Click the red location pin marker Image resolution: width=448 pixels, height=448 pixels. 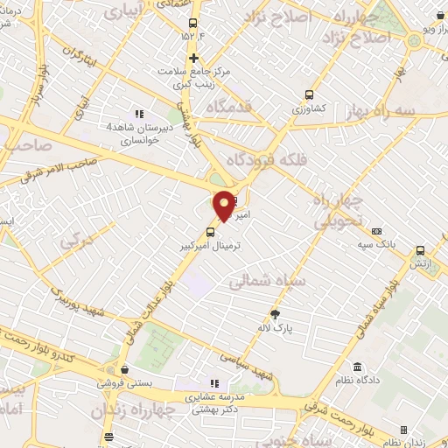(224, 206)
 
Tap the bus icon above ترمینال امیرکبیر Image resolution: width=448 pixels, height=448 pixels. (210, 232)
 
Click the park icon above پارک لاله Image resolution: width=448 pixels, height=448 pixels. (275, 315)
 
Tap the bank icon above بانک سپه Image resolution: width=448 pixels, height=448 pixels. (377, 231)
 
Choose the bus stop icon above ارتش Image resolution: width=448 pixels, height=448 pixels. (420, 249)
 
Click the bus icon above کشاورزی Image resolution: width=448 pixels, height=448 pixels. (308, 95)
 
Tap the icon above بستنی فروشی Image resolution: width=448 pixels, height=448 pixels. (125, 369)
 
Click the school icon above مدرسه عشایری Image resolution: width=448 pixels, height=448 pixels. (213, 383)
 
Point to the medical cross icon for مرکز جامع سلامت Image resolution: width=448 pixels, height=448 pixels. (193, 59)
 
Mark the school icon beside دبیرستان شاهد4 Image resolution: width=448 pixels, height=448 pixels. (136, 114)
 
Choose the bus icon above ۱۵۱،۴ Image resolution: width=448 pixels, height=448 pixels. (193, 24)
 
